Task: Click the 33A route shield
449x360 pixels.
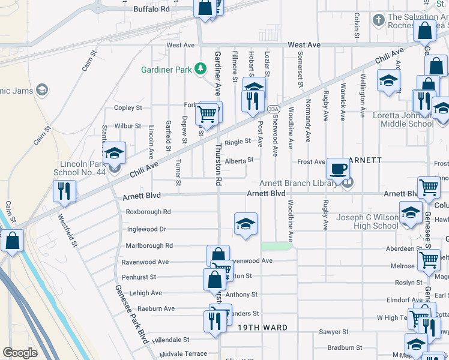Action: (x=274, y=109)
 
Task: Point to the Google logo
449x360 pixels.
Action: (x=20, y=353)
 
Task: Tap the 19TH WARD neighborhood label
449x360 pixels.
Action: (x=262, y=328)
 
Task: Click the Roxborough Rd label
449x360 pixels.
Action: (x=148, y=212)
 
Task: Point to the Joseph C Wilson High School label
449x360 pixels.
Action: (x=367, y=221)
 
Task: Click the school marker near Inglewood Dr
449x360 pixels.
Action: (x=246, y=224)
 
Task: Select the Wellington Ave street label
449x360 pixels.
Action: (x=362, y=95)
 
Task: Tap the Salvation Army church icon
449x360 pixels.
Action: (x=379, y=20)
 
